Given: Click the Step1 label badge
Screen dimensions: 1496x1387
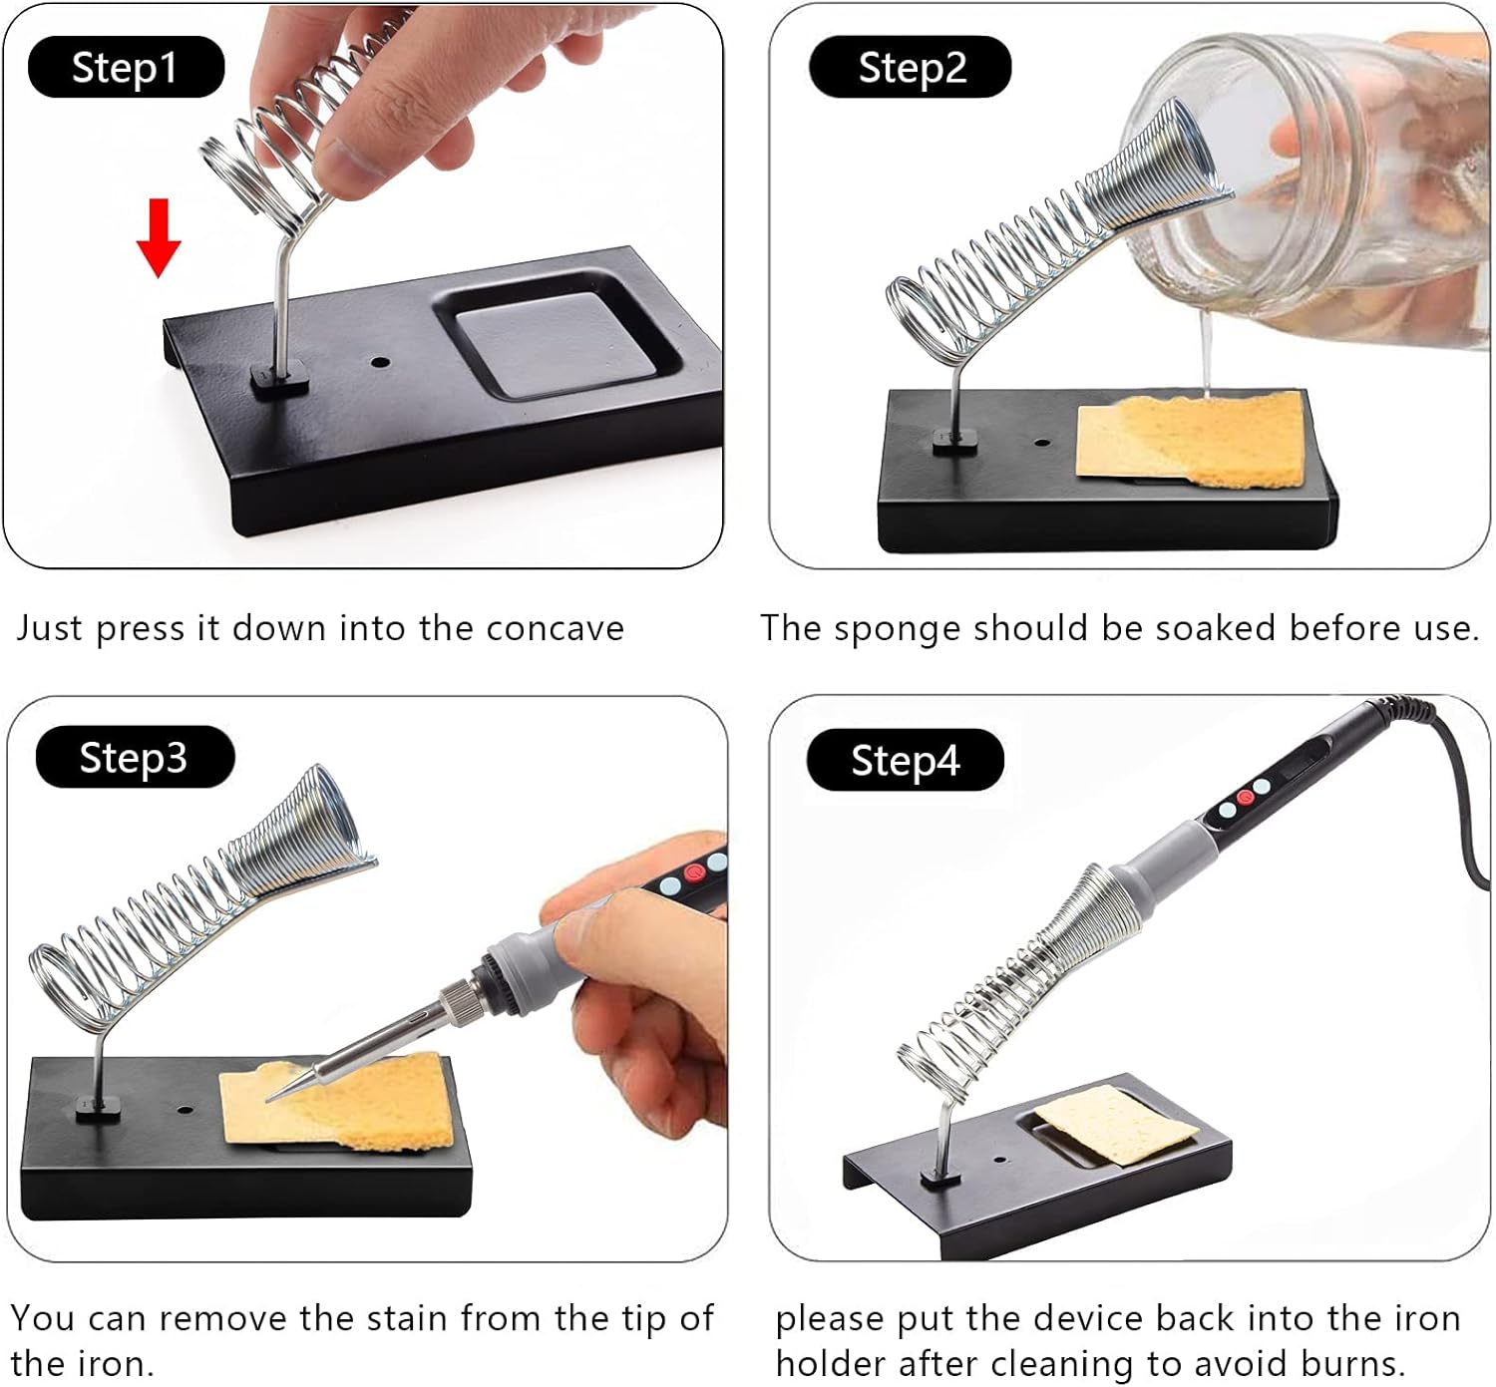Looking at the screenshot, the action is pyautogui.click(x=126, y=67).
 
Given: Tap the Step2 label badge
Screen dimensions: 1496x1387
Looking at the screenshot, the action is pyautogui.click(x=910, y=67).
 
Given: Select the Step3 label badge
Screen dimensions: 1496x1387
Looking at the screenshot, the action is pyautogui.click(x=135, y=757).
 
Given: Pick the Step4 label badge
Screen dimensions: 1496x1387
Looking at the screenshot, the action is pyautogui.click(x=905, y=760).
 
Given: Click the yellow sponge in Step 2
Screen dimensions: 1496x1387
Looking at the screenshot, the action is pyautogui.click(x=1190, y=439).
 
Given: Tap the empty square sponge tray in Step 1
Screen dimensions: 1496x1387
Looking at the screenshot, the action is pyautogui.click(x=556, y=344).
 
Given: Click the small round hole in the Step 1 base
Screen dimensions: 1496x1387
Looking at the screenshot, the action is pyautogui.click(x=380, y=363).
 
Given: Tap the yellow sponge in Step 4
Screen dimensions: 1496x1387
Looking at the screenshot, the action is pyautogui.click(x=1116, y=1126).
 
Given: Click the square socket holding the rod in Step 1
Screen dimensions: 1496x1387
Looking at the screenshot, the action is pyautogui.click(x=278, y=378).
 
